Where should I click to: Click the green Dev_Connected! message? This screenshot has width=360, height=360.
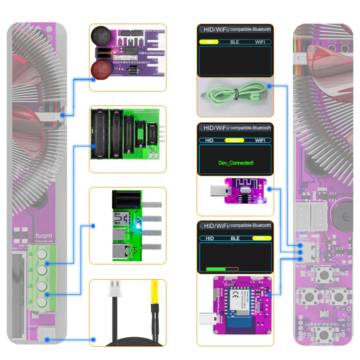[x=236, y=163]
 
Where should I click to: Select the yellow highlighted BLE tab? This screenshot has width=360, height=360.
[x=234, y=140]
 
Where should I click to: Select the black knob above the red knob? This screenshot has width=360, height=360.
[x=99, y=36]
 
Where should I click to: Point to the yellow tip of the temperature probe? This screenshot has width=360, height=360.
[x=155, y=292]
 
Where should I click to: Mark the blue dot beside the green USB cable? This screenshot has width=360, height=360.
[x=269, y=86]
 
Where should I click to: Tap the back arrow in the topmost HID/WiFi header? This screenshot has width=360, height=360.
[x=201, y=29]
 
